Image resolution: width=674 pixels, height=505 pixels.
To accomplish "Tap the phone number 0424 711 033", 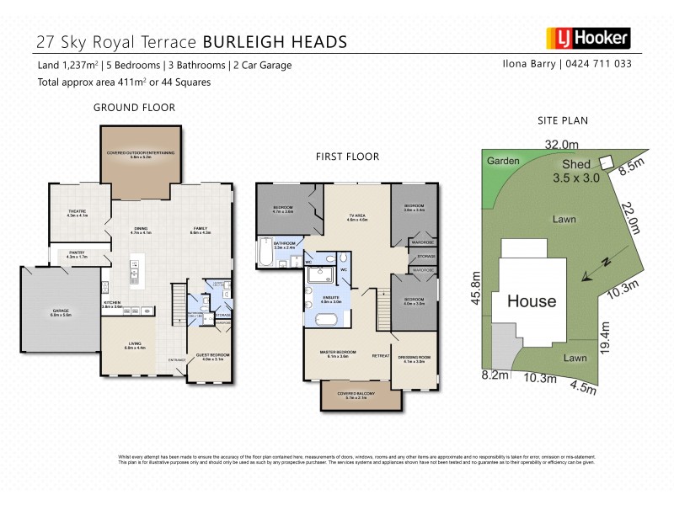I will [602, 64].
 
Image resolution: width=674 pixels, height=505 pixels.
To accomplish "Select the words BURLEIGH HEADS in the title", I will [273, 41].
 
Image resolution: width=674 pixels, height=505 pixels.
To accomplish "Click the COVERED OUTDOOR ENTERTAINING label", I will [140, 154].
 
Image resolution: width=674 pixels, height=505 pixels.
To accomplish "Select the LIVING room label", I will [135, 345].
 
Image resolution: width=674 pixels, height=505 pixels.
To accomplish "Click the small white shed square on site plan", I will [604, 163].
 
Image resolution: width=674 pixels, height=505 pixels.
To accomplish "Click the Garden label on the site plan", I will [502, 162].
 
